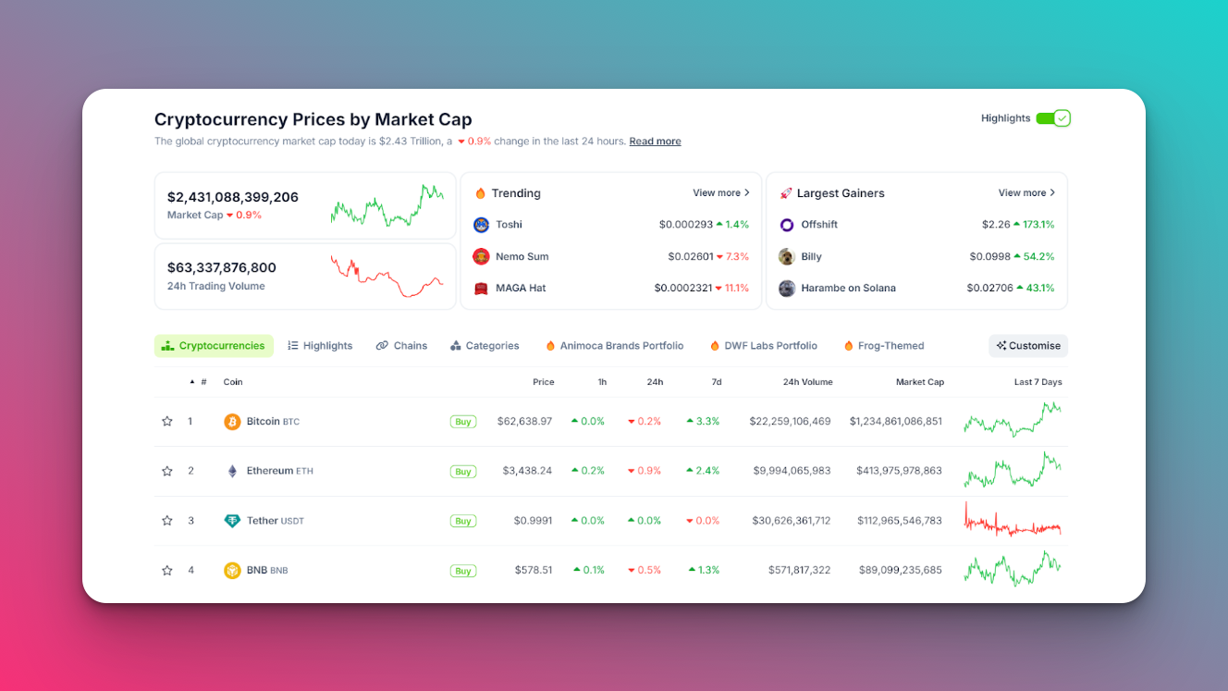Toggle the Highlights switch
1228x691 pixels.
pyautogui.click(x=1052, y=118)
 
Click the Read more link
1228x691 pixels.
pyautogui.click(x=655, y=142)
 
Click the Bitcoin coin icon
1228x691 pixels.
pyautogui.click(x=232, y=422)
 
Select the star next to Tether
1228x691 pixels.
pyautogui.click(x=167, y=521)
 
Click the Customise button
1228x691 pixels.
pyautogui.click(x=1028, y=346)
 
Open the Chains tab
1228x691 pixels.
pyautogui.click(x=401, y=346)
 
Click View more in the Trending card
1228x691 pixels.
pyautogui.click(x=720, y=193)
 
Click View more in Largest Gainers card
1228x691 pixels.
pyautogui.click(x=1025, y=193)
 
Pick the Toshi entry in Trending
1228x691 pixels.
pyautogui.click(x=509, y=225)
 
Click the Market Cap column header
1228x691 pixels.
pyautogui.click(x=919, y=382)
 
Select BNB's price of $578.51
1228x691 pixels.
pyautogui.click(x=534, y=571)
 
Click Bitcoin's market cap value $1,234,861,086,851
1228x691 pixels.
pyautogui.click(x=895, y=422)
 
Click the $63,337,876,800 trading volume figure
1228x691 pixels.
pyautogui.click(x=222, y=268)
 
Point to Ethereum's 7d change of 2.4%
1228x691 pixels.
pyautogui.click(x=703, y=471)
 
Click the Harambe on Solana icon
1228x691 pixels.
pyautogui.click(x=787, y=289)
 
